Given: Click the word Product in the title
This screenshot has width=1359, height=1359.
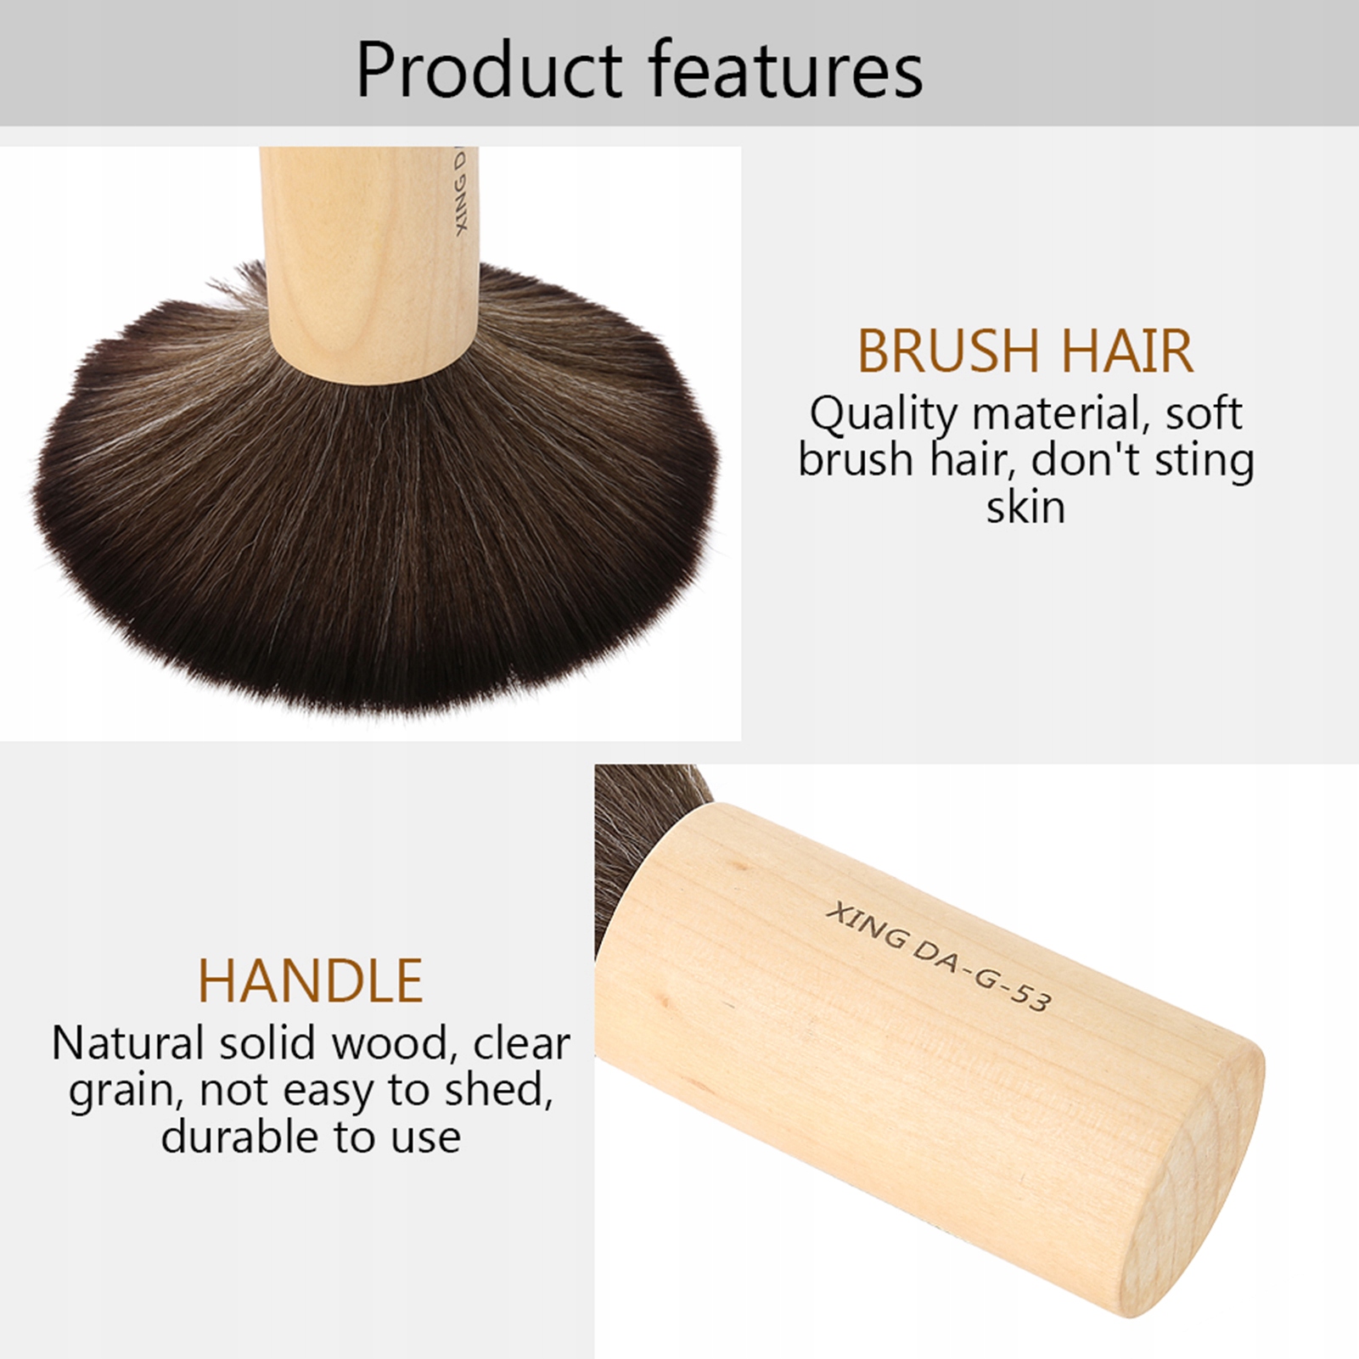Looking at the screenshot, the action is tap(489, 70).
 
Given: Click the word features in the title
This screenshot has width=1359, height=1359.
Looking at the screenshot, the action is tap(786, 70).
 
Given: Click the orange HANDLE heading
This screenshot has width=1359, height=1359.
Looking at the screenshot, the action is tap(311, 980).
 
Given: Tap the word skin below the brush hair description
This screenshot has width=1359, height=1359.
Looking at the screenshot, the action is tap(1025, 507).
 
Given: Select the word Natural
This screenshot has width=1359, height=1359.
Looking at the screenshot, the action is tap(128, 1042).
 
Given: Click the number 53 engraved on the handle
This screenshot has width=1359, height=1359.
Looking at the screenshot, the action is tap(1030, 997).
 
